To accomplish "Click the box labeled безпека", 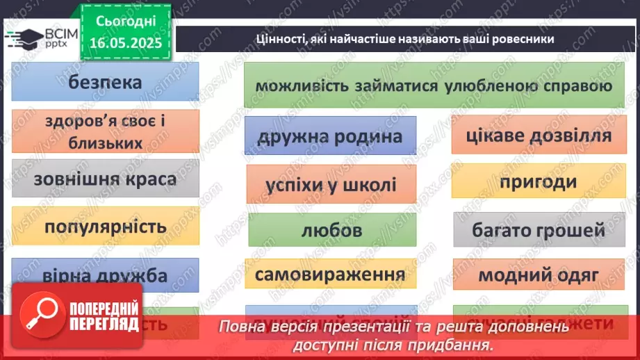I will pyautogui.click(x=106, y=82).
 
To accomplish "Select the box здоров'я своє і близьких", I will pyautogui.click(x=106, y=131).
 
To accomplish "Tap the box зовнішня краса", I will pyautogui.click(x=106, y=179).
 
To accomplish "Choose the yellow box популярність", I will pyautogui.click(x=106, y=227).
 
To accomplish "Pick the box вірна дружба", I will pyautogui.click(x=106, y=275).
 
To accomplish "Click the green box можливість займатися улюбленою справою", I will pyautogui.click(x=434, y=87).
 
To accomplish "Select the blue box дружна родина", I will pyautogui.click(x=330, y=136).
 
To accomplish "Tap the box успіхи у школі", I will pyautogui.click(x=330, y=185).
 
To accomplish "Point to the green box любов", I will pyautogui.click(x=330, y=230).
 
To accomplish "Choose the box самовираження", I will pyautogui.click(x=330, y=275).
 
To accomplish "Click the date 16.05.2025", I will pyautogui.click(x=125, y=43).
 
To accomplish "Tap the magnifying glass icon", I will pyautogui.click(x=39, y=313).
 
